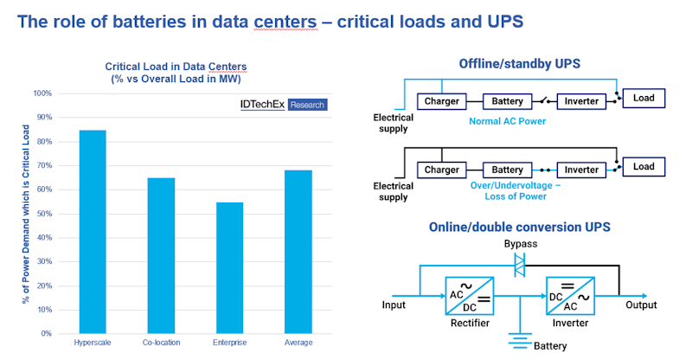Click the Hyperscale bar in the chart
click(92, 231)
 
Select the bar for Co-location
click(160, 255)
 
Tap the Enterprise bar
click(228, 267)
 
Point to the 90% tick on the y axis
click(42, 117)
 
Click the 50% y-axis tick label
click(42, 213)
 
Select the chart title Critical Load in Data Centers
click(175, 66)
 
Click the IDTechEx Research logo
click(283, 104)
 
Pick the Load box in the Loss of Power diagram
click(644, 166)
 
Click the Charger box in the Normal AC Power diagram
click(442, 101)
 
